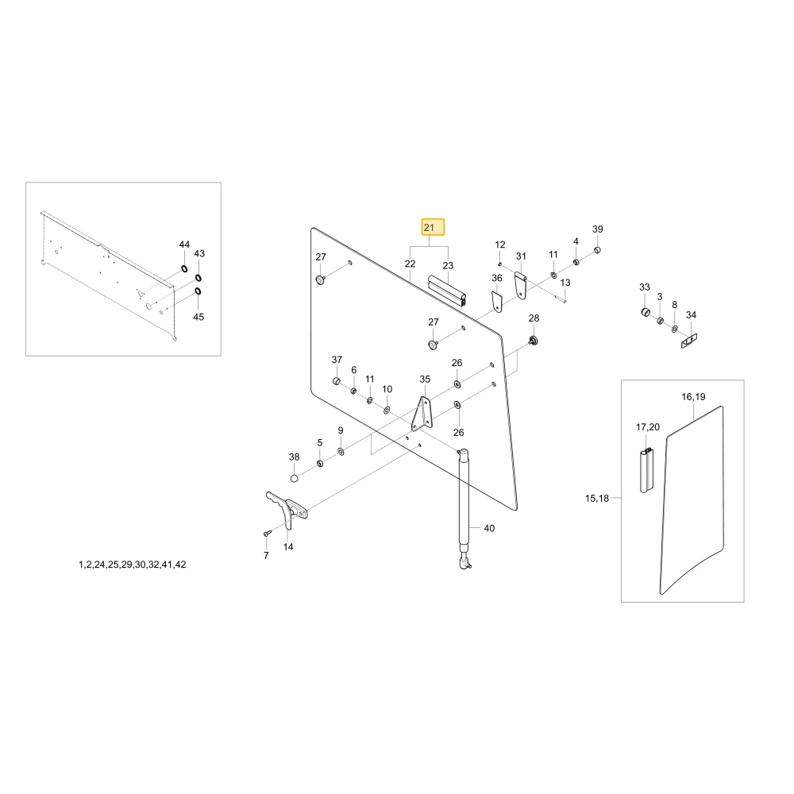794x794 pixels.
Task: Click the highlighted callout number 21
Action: tap(433, 227)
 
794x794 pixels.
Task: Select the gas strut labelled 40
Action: tap(464, 508)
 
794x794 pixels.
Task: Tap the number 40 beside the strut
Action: tap(489, 528)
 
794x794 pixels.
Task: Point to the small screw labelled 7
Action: tap(267, 534)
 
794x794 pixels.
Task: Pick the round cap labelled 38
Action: tap(295, 478)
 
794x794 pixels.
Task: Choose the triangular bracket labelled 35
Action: tap(422, 414)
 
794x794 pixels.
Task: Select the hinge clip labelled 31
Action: tap(521, 285)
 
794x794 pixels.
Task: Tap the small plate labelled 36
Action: tap(497, 301)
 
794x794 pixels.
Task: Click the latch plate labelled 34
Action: tap(689, 341)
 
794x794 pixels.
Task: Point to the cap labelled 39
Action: tap(597, 249)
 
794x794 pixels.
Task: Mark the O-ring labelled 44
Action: tap(184, 268)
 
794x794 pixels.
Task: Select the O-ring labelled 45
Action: tap(198, 291)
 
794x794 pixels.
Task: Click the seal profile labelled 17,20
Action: tap(646, 470)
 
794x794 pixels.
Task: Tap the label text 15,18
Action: tap(597, 499)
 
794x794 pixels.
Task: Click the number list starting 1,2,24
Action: tap(132, 565)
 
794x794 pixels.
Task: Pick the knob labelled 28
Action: tap(533, 341)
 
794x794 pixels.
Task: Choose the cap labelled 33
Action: tap(646, 311)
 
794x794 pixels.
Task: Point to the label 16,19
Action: tap(693, 396)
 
